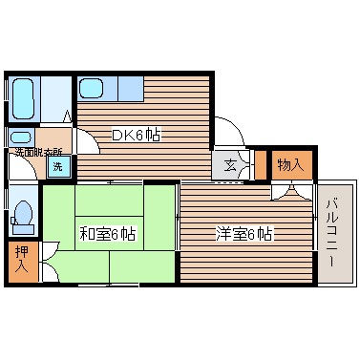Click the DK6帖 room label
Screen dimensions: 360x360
pos(137,136)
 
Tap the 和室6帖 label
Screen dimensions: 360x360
pos(107,233)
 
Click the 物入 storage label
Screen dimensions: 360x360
pos(290,165)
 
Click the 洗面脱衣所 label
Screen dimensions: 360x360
pos(37,151)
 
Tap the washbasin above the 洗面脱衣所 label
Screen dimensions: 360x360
pos(22,136)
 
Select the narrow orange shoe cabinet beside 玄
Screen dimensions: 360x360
pos(260,165)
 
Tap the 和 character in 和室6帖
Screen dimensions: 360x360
pos(85,233)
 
